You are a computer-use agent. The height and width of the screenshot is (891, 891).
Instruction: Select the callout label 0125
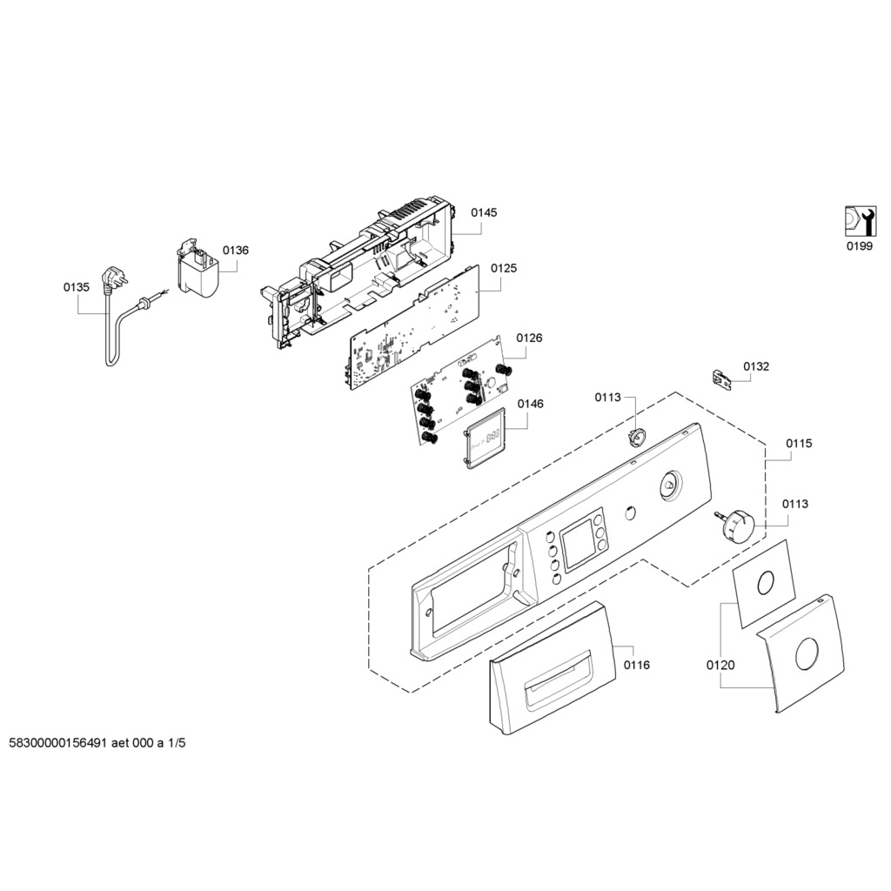(x=503, y=269)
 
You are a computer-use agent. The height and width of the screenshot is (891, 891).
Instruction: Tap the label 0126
(x=529, y=338)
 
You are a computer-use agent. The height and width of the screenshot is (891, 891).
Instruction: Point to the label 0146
(x=530, y=404)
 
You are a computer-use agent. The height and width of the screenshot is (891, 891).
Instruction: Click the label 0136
(x=235, y=251)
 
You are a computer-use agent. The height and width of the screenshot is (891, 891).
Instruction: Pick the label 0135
(x=77, y=286)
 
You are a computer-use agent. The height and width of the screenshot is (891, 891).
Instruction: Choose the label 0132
(x=756, y=367)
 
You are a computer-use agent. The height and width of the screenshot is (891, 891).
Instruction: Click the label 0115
(x=799, y=444)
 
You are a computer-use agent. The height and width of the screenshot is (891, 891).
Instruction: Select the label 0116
(x=637, y=666)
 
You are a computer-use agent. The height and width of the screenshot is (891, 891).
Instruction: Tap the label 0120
(x=720, y=666)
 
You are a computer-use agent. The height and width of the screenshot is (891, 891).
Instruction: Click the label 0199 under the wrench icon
(x=859, y=246)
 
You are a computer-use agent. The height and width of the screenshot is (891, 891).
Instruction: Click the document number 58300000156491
(x=58, y=744)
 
